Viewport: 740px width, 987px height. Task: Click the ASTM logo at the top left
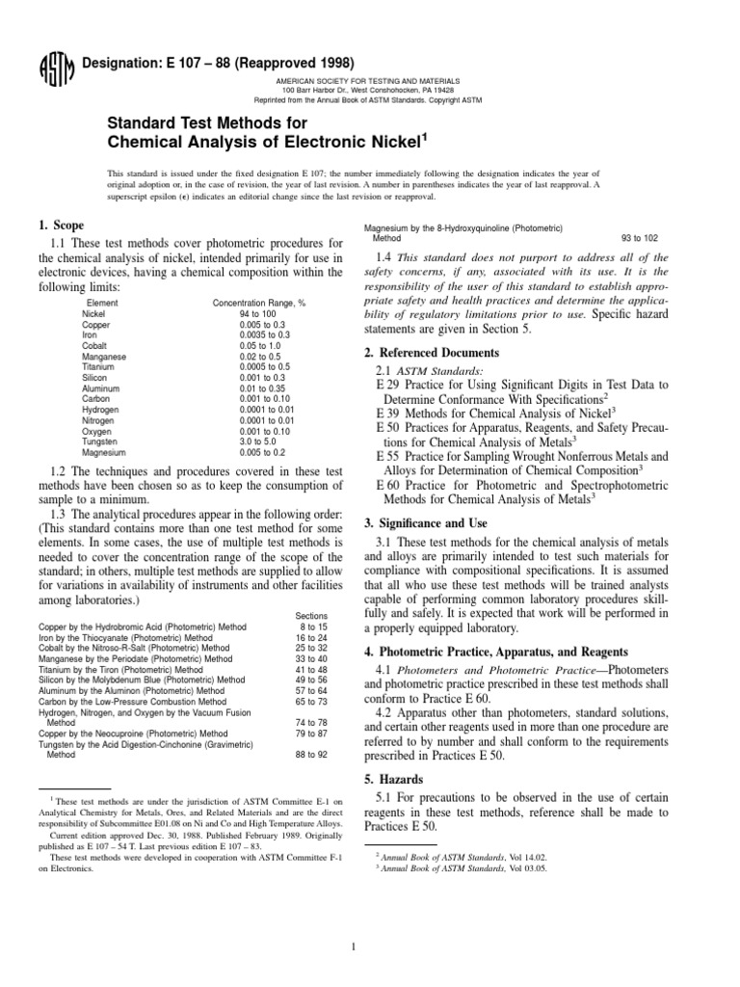coord(49,69)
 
